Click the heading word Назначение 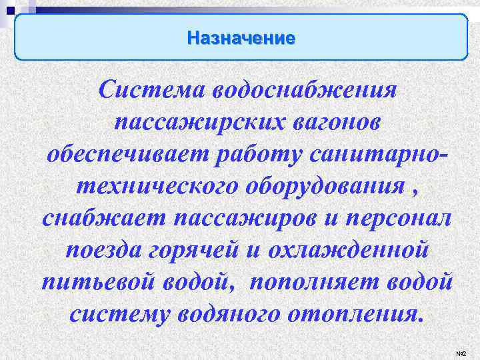point(240,37)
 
